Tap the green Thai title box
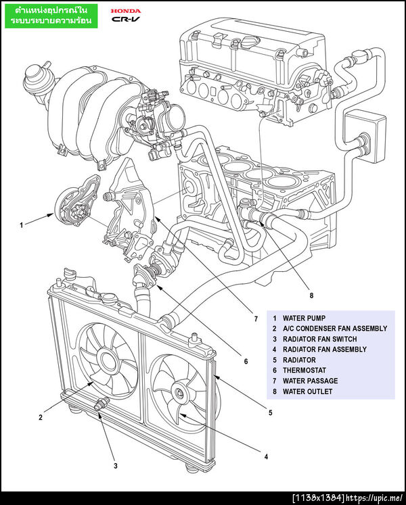click(52, 17)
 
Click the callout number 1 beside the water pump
click(22, 224)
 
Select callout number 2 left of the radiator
click(41, 417)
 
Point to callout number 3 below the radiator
click(115, 465)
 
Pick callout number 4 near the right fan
click(266, 456)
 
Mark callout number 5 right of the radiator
click(270, 412)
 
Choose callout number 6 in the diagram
click(246, 361)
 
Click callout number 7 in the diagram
click(256, 318)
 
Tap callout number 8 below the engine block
click(311, 295)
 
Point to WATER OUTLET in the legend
click(307, 391)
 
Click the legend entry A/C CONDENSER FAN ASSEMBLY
click(335, 329)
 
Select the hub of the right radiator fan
click(179, 393)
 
